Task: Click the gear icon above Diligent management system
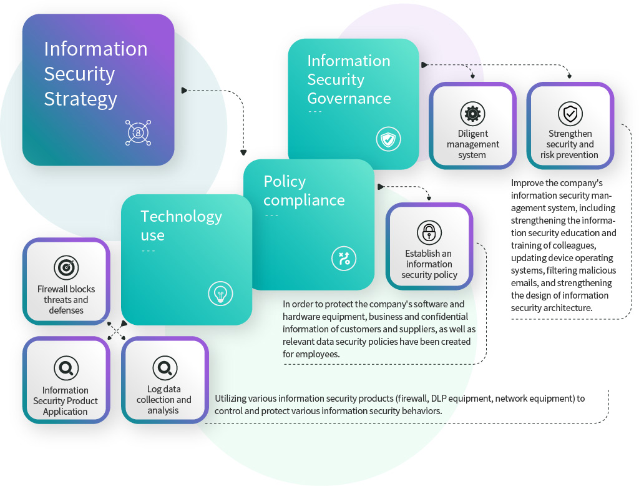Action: (472, 114)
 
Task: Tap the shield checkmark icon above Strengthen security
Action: (570, 114)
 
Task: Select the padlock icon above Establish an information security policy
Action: (429, 232)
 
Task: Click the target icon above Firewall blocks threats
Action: (66, 268)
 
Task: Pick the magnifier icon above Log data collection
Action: (165, 368)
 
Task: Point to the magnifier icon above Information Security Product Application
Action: (66, 368)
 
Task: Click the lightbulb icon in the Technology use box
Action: (220, 294)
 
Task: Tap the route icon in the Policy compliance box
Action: (344, 258)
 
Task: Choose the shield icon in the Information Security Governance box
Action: (388, 139)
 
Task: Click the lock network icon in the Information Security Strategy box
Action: (138, 132)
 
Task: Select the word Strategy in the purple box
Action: (80, 99)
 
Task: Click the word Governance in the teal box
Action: (349, 98)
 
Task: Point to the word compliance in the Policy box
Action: (304, 201)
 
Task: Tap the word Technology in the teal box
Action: (182, 217)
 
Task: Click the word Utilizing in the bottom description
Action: (230, 399)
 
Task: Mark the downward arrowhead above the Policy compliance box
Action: (243, 152)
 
